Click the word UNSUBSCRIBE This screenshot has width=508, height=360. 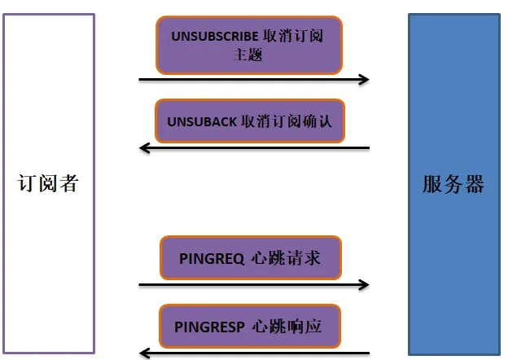tap(215, 37)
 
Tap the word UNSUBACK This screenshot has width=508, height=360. tap(201, 121)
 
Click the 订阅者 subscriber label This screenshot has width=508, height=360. tap(48, 184)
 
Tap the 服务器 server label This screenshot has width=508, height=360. tap(453, 184)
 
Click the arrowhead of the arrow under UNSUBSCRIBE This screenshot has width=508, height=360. tap(364, 80)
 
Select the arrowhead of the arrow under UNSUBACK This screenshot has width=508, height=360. tap(145, 148)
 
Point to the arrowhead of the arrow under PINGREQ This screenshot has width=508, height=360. tap(364, 285)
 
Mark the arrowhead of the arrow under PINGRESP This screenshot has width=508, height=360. tap(145, 353)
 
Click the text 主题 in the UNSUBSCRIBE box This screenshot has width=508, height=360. tap(249, 56)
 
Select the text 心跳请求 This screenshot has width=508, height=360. tap(288, 259)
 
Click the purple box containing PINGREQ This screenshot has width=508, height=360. tap(249, 258)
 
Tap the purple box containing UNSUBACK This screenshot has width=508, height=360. tap(249, 121)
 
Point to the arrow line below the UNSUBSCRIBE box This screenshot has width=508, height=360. tap(252, 80)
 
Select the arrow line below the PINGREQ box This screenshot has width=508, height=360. tap(252, 285)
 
